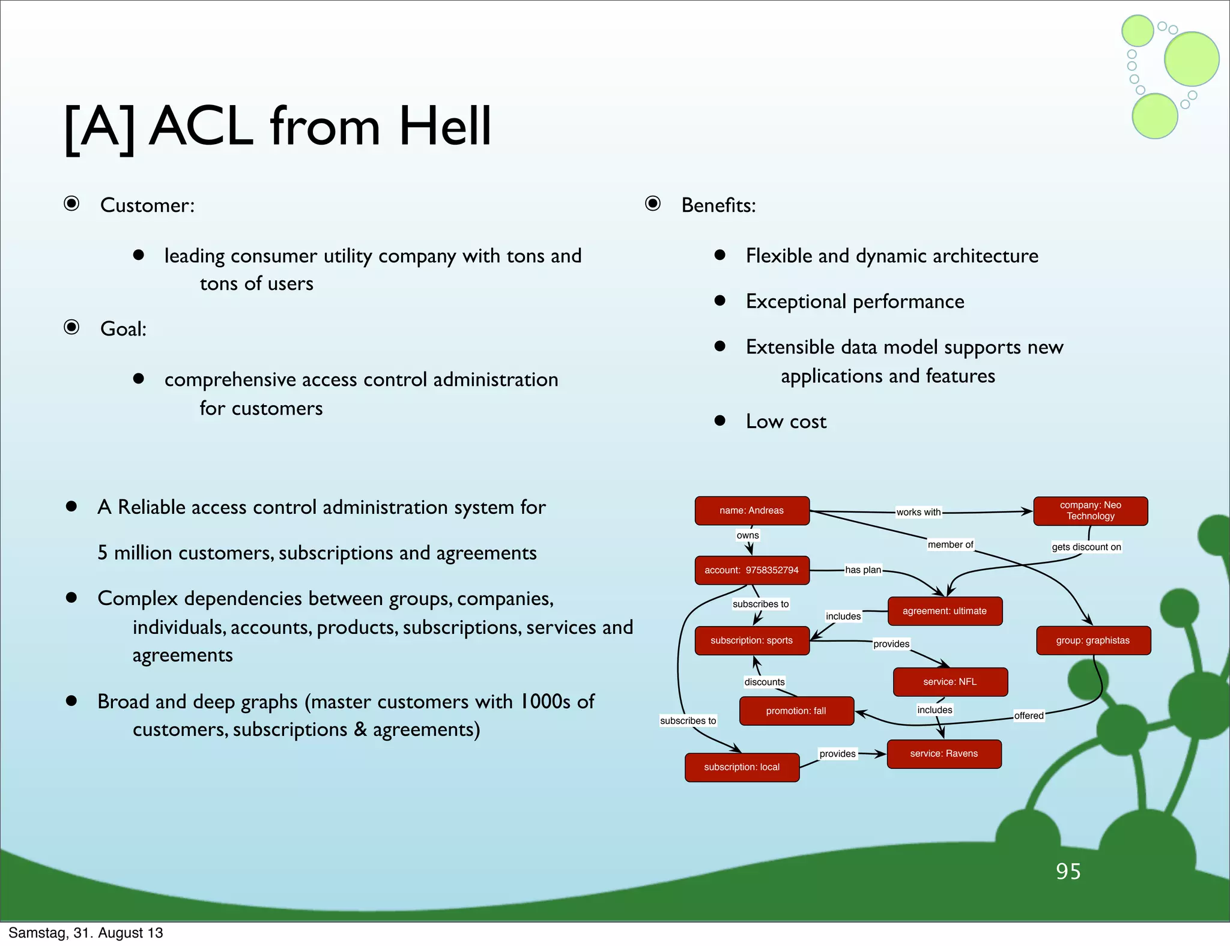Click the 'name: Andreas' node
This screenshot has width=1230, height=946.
tap(752, 511)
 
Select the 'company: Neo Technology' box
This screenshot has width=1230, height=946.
tap(1090, 511)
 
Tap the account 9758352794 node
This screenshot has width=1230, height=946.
tap(752, 570)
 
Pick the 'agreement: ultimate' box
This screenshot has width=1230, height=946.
tap(944, 611)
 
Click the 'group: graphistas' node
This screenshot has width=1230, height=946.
tap(1093, 640)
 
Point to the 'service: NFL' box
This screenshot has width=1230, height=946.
tap(950, 682)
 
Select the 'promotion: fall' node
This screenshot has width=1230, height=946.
tap(796, 711)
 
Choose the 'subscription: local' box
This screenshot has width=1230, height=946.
tap(742, 768)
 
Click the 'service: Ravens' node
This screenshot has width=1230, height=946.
tap(944, 754)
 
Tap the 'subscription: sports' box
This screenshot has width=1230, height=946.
tap(752, 640)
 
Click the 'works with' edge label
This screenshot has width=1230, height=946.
tap(918, 512)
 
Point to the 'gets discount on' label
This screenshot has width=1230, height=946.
tap(1086, 547)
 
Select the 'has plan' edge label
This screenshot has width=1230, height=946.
tap(863, 570)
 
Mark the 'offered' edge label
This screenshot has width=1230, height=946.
tap(1029, 716)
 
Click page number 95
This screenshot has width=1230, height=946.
tap(1068, 872)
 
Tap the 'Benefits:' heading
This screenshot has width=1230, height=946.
tap(718, 205)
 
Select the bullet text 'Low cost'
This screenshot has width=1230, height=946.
tap(786, 421)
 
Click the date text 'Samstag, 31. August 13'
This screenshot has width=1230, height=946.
tap(86, 933)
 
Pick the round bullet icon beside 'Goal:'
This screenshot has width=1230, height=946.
tap(71, 327)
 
